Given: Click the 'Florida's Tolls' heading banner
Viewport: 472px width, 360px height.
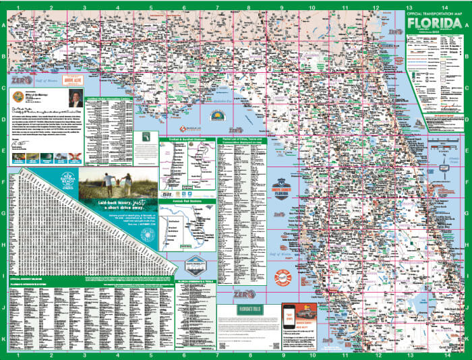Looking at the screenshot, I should click(249, 310).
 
